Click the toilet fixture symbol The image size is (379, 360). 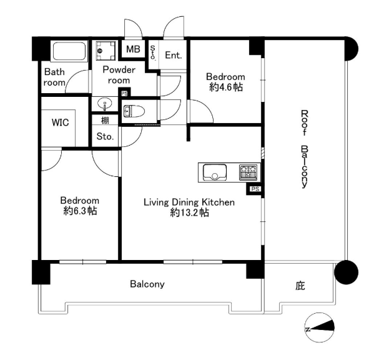134,111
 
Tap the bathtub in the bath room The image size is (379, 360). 69,51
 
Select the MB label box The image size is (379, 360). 133,49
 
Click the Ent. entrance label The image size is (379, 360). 174,55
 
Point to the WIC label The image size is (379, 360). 60,122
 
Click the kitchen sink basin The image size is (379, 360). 215,172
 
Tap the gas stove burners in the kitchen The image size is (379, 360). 249,172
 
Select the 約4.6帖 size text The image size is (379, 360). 226,87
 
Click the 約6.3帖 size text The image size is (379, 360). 80,211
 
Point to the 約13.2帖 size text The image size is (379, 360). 190,212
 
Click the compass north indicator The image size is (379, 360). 320,327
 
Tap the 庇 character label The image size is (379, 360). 300,286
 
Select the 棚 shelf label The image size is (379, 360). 105,120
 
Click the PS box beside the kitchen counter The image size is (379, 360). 255,189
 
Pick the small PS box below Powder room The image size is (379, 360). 124,93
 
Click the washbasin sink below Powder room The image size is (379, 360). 105,104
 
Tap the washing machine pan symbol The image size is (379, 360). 106,51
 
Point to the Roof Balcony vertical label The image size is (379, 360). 305,149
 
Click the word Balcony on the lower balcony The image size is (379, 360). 147,284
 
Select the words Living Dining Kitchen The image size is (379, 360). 189,202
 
